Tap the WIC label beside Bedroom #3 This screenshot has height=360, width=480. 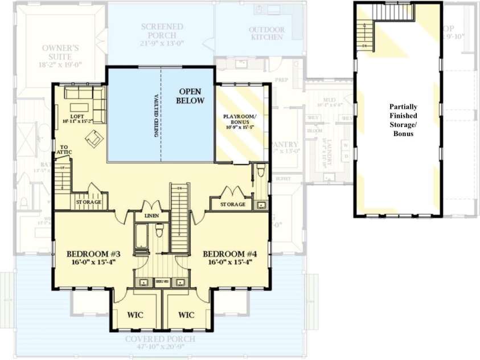[135, 314]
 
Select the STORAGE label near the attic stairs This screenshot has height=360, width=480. [88, 202]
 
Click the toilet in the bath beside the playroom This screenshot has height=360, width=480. [260, 170]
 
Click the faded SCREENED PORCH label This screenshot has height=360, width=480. [162, 35]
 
